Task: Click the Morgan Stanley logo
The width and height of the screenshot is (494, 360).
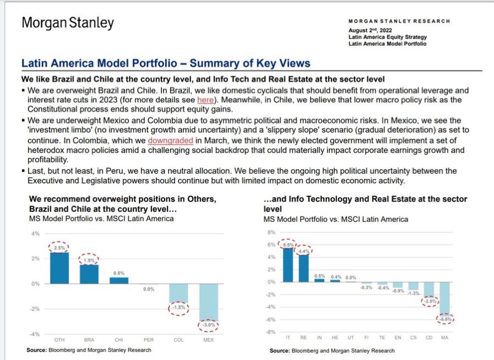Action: [x=68, y=23]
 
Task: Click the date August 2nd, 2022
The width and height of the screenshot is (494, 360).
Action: [x=371, y=30]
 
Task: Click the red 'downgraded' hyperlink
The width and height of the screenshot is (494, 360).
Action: [x=171, y=140]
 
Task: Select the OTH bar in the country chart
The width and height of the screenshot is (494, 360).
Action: [x=59, y=268]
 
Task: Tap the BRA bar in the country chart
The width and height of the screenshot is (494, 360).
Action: [x=89, y=274]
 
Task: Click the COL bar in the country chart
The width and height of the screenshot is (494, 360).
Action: [x=178, y=293]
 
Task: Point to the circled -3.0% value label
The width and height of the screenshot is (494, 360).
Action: [x=209, y=325]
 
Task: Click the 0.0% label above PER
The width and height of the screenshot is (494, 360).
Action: [x=148, y=289]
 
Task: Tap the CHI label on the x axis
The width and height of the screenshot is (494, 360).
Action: [x=119, y=340]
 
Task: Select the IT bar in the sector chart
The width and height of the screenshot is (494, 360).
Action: [x=288, y=265]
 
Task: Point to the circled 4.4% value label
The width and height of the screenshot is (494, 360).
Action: [x=303, y=251]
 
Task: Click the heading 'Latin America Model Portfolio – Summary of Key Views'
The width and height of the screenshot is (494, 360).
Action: [x=166, y=63]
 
